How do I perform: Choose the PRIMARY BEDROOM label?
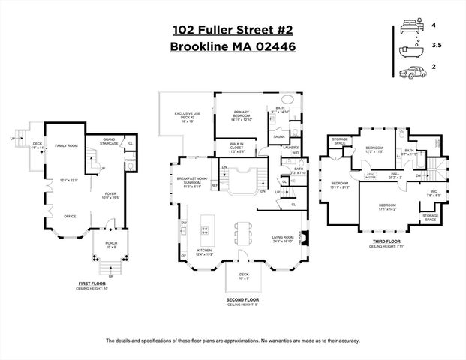click(240, 115)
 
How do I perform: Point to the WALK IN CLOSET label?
click(227, 150)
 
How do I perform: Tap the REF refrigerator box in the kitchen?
click(214, 185)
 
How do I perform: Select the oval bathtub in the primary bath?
click(288, 100)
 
